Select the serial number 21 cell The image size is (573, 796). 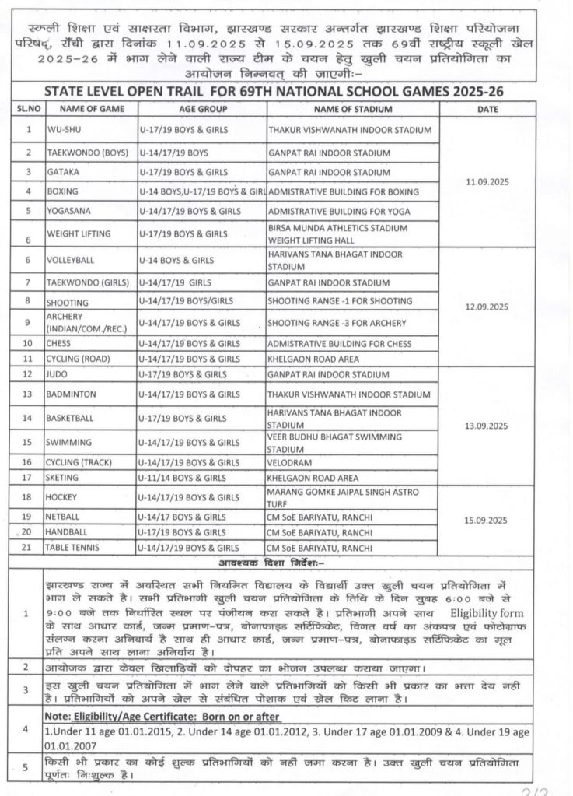click(29, 549)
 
